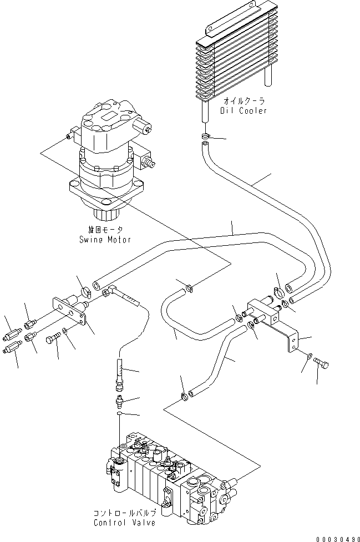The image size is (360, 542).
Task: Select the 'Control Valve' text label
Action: tap(125, 523)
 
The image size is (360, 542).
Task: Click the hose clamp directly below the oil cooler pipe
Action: tap(206, 136)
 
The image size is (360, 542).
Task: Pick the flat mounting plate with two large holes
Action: tap(71, 314)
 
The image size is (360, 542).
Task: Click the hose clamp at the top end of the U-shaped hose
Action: tap(189, 287)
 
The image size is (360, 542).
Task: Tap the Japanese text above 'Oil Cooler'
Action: tap(245, 101)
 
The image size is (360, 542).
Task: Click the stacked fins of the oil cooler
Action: tap(234, 61)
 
